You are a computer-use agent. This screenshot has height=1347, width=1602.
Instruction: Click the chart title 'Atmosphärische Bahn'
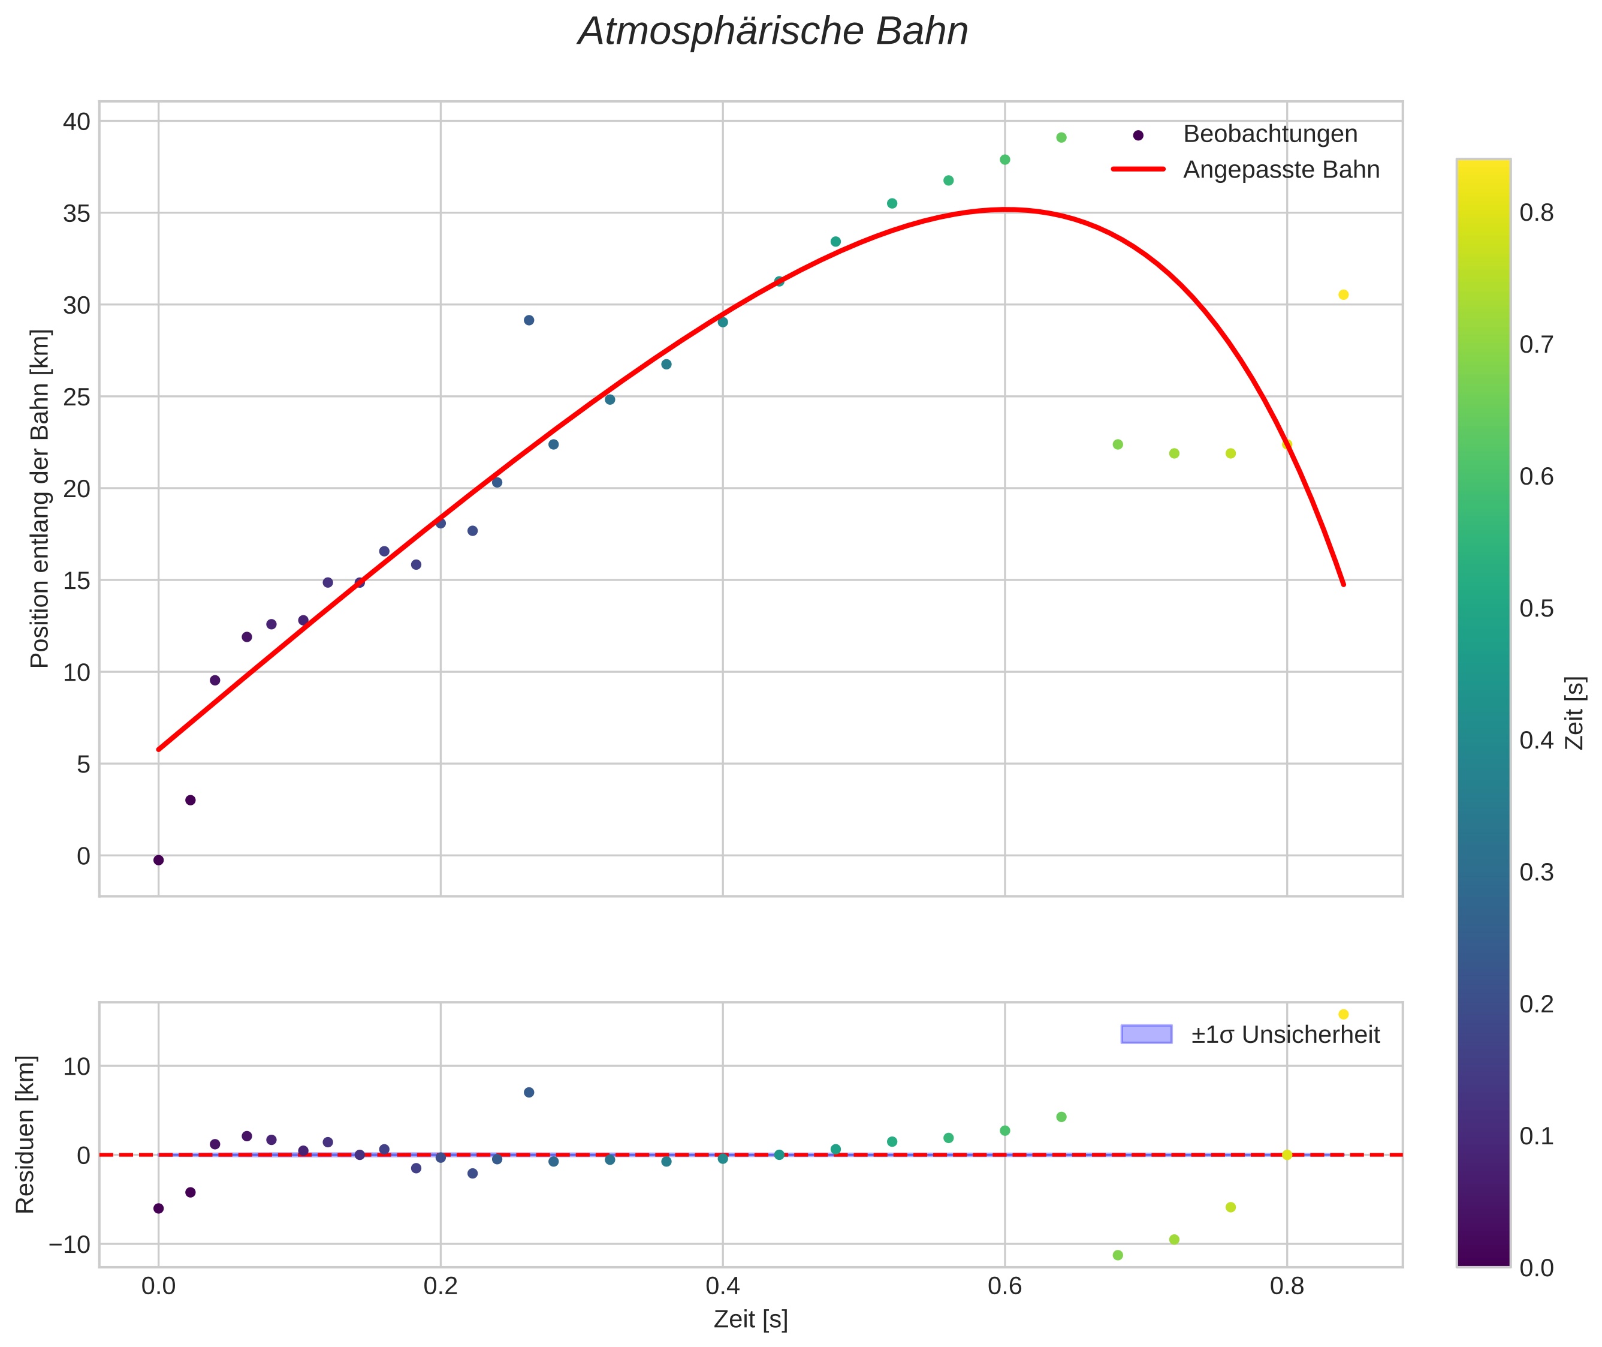[773, 32]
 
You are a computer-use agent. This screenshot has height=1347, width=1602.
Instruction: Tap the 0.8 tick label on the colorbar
[1536, 213]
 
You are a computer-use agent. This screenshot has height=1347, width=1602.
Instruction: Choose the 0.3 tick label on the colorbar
[1536, 872]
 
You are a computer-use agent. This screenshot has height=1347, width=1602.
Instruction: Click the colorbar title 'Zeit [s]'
[1575, 713]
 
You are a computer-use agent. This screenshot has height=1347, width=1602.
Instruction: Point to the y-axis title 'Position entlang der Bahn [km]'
[40, 498]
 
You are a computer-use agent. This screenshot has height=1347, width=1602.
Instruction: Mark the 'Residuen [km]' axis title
[25, 1134]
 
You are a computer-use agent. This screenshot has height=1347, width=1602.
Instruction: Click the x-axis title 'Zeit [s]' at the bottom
[750, 1319]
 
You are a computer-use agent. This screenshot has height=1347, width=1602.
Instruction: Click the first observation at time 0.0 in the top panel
[159, 860]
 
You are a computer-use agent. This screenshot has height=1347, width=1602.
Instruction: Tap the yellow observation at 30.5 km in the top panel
[1343, 294]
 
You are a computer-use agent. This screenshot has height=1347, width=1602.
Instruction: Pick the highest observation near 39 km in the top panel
[1061, 137]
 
